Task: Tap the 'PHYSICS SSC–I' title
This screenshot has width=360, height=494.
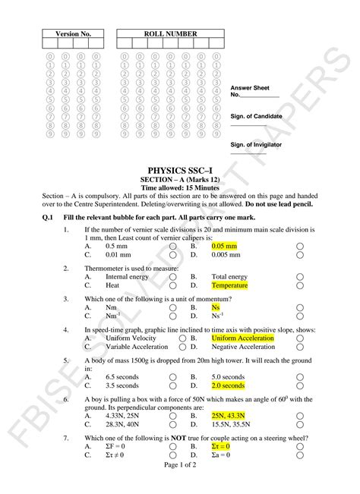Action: (179, 171)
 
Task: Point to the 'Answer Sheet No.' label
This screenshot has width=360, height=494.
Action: (248, 91)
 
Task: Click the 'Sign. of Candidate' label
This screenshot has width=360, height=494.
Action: (256, 116)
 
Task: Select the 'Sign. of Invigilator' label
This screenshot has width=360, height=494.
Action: (256, 143)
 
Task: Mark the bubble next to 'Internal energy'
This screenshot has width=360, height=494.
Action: (173, 277)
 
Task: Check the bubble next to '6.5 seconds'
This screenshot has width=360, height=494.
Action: (173, 376)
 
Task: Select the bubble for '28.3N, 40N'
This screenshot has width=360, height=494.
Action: (173, 425)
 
